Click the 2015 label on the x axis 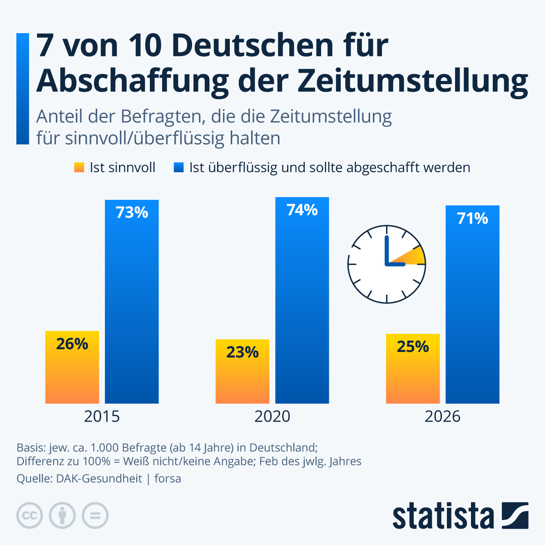tap(102, 416)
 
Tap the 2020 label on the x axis tap(272, 416)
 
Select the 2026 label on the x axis tap(442, 416)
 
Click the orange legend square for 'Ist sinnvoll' tap(79, 168)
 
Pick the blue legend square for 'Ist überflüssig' tap(178, 168)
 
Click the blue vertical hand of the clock tap(386, 250)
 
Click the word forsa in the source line tap(168, 478)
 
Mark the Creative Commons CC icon tap(30, 515)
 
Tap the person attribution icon tap(62, 515)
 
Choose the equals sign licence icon tap(95, 515)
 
